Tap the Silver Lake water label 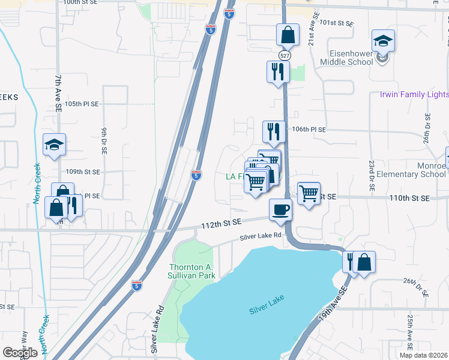tap(267, 309)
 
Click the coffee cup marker tap(280, 210)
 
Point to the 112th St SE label tap(221, 223)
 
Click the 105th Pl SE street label tap(81, 104)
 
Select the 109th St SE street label tap(83, 172)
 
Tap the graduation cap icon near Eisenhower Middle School tap(383, 41)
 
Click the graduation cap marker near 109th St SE tap(54, 145)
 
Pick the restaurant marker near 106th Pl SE tap(274, 131)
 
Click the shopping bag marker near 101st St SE tap(288, 35)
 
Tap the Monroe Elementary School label tap(417, 170)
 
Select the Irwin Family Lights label tap(414, 95)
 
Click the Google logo tap(20, 352)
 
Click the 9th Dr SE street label tap(104, 138)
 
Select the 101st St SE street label tap(337, 23)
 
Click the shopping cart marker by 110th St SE tap(309, 193)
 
